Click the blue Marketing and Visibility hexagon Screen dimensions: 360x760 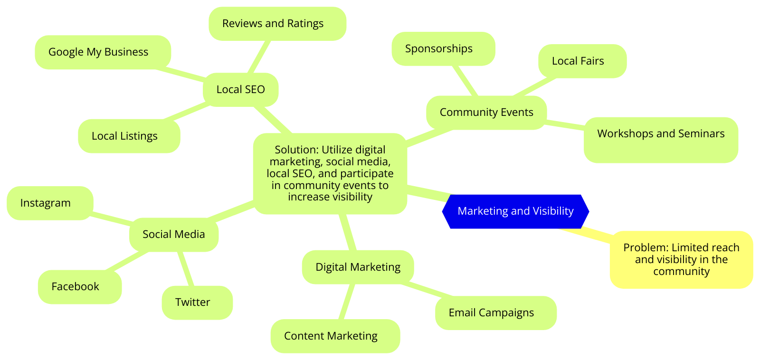[x=515, y=211]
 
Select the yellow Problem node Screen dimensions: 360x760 [x=681, y=259]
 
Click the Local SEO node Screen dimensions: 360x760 [x=240, y=90]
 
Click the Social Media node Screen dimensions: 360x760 [x=174, y=235]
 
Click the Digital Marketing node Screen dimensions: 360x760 [x=358, y=267]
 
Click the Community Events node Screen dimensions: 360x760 [x=486, y=113]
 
